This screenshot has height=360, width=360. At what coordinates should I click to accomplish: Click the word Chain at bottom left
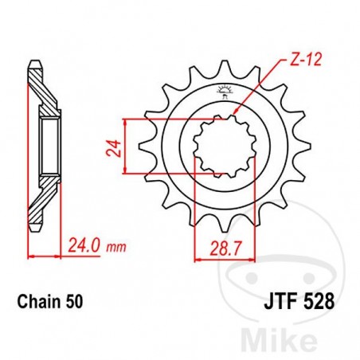coord(35,303)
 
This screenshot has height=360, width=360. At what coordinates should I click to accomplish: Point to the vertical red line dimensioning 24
coord(127,148)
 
